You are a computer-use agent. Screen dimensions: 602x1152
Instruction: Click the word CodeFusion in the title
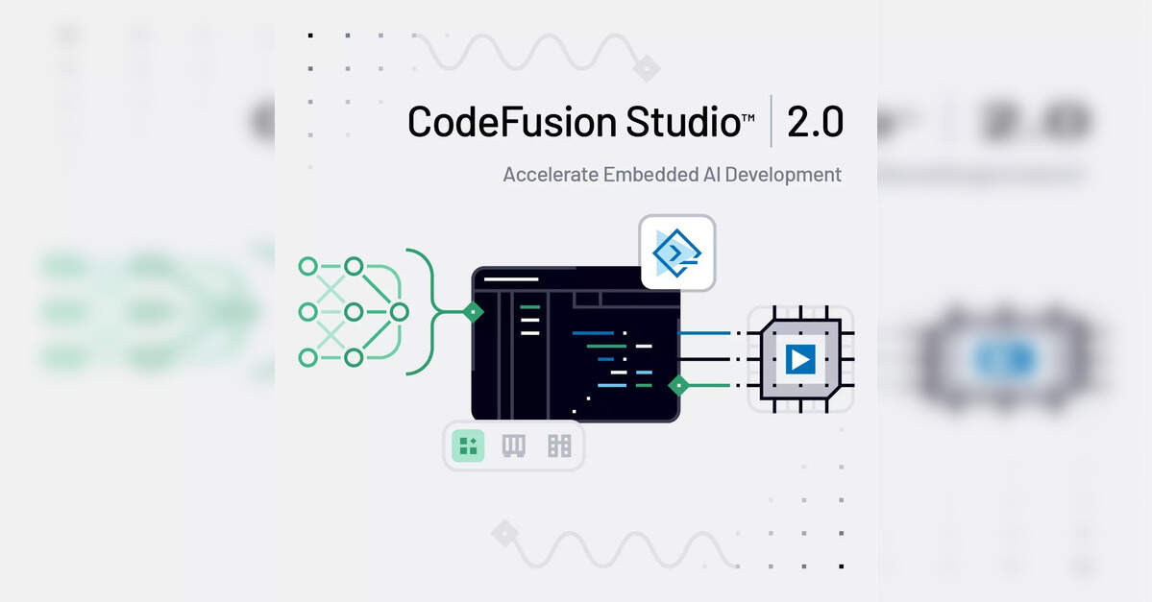tap(512, 123)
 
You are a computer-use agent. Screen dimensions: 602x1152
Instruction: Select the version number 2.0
tap(815, 122)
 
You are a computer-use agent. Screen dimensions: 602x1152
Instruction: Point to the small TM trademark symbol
tap(748, 117)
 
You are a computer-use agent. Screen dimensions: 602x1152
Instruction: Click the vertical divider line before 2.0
tap(772, 121)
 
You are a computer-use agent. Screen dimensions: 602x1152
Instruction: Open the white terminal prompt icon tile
tap(677, 253)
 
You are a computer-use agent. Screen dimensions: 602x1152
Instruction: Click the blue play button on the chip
tap(799, 359)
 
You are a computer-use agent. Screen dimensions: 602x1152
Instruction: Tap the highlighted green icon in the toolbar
tap(469, 445)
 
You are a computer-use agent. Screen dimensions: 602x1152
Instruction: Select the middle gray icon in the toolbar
tap(514, 445)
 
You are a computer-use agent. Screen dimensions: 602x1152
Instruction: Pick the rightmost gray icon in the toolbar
tap(559, 445)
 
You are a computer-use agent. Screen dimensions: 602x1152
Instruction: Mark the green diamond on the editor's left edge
tap(473, 311)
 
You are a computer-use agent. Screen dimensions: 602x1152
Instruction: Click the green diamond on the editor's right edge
tap(679, 386)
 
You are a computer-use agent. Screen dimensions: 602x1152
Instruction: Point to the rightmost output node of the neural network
tap(399, 311)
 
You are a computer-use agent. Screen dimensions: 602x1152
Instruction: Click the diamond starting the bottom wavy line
tap(504, 534)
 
